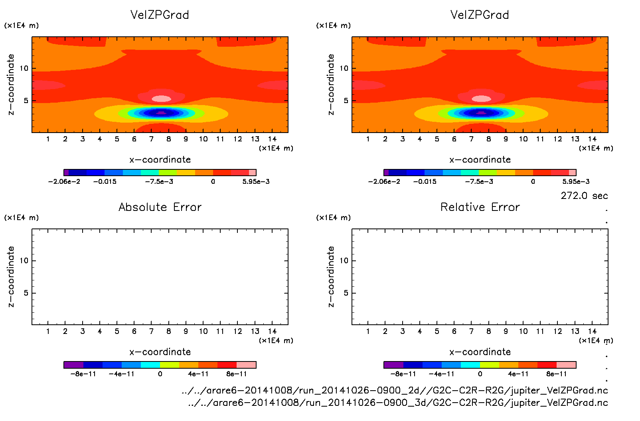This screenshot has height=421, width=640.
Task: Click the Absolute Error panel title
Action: [x=160, y=207]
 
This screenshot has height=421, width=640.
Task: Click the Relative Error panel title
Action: [x=480, y=207]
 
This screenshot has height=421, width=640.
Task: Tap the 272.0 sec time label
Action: [x=584, y=196]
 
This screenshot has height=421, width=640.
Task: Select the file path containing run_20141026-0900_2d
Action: [x=395, y=390]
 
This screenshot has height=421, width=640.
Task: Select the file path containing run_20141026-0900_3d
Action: [x=398, y=403]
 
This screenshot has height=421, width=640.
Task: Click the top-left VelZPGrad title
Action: [x=160, y=15]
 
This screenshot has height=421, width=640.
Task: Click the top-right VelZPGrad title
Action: [x=480, y=15]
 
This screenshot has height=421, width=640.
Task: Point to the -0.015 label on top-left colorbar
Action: [x=105, y=181]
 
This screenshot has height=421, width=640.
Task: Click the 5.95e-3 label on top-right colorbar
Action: [x=576, y=181]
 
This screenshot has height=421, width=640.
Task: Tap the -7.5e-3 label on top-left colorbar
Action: [x=159, y=181]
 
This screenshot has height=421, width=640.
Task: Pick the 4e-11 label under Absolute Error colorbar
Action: [x=198, y=374]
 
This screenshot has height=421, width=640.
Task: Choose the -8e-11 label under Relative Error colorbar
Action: [x=403, y=374]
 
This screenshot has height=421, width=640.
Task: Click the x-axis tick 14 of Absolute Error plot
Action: [x=272, y=331]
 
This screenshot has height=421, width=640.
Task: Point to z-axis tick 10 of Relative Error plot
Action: [x=344, y=260]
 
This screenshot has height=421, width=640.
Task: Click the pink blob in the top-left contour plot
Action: [x=162, y=99]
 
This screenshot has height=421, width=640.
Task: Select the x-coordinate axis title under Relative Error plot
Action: [x=480, y=352]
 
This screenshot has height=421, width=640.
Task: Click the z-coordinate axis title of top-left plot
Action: [x=11, y=85]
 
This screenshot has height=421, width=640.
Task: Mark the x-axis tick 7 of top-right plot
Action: [x=471, y=139]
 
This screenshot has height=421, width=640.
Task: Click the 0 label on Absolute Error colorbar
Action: [x=160, y=374]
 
